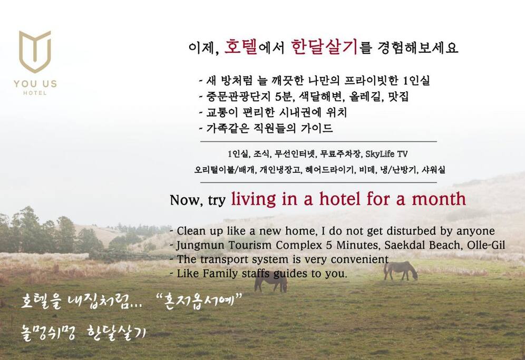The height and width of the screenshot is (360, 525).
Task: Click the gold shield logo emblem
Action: (x=35, y=52)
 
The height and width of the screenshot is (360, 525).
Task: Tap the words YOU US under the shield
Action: (x=35, y=84)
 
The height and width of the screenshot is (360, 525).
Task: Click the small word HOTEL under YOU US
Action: (x=35, y=93)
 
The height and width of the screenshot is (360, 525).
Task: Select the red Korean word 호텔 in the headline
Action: (x=240, y=47)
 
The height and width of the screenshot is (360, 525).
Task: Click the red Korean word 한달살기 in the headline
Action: (x=325, y=47)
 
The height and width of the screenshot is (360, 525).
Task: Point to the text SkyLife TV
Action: (x=386, y=154)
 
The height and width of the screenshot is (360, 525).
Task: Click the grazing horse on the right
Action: (x=401, y=270)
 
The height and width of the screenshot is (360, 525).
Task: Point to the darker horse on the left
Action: (x=270, y=283)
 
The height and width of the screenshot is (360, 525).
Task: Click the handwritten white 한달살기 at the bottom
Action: (x=116, y=333)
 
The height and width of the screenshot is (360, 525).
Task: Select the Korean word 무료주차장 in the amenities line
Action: (x=341, y=154)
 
